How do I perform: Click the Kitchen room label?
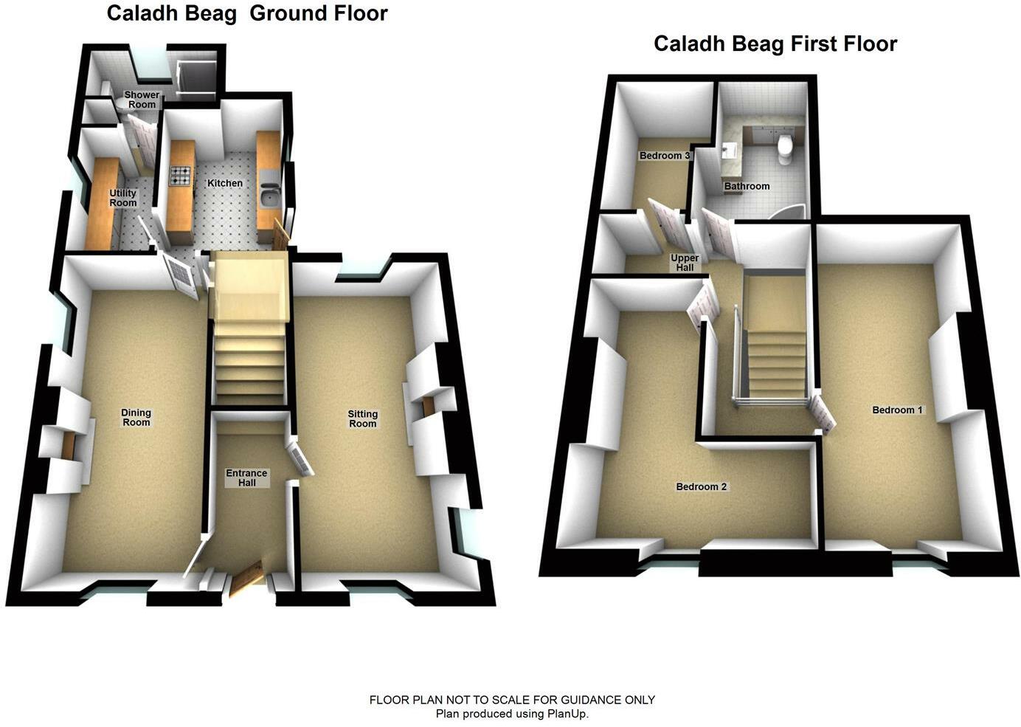pyautogui.click(x=224, y=183)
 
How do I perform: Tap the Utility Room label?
pyautogui.click(x=123, y=198)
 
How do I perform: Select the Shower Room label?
pyautogui.click(x=142, y=100)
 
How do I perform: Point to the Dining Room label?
pyautogui.click(x=136, y=418)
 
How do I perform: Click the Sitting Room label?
pyautogui.click(x=362, y=419)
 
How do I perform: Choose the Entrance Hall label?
pyautogui.click(x=247, y=478)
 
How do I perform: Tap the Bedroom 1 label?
pyautogui.click(x=897, y=410)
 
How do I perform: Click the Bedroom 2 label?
pyautogui.click(x=702, y=487)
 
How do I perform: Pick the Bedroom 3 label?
pyautogui.click(x=665, y=156)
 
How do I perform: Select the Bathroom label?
pyautogui.click(x=747, y=187)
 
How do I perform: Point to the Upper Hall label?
pyautogui.click(x=685, y=263)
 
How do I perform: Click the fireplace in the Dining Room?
pyautogui.click(x=69, y=446)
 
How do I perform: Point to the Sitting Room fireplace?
pyautogui.click(x=428, y=407)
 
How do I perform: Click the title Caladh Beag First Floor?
pyautogui.click(x=775, y=44)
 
